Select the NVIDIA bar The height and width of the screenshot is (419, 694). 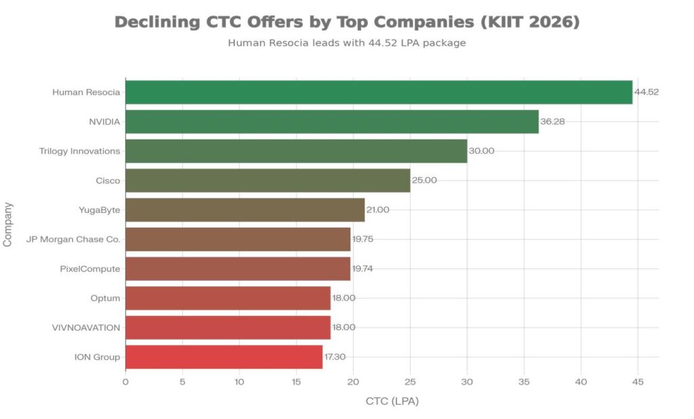click(x=331, y=122)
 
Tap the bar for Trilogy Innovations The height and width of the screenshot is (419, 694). click(x=296, y=151)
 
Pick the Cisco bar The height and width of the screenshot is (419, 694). click(x=268, y=180)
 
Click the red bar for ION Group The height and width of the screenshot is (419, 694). click(x=224, y=357)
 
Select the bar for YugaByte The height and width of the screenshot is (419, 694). click(x=245, y=210)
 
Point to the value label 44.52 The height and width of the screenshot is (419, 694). click(x=647, y=92)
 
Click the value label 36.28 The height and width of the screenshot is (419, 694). click(x=553, y=122)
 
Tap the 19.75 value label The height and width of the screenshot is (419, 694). click(x=363, y=239)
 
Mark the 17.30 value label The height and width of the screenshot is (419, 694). click(x=335, y=357)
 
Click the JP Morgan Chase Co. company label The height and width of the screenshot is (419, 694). click(x=73, y=239)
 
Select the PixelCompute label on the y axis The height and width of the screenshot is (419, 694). click(x=90, y=268)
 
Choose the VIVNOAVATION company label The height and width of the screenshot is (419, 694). click(x=86, y=327)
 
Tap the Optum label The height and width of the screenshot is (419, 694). click(x=105, y=298)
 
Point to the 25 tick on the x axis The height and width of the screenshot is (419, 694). click(x=410, y=382)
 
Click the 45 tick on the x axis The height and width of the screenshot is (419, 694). click(x=638, y=382)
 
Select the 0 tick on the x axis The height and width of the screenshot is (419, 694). click(x=125, y=382)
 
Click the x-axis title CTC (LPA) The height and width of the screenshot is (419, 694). click(x=392, y=401)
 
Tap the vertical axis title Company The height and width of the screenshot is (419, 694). click(x=8, y=223)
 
